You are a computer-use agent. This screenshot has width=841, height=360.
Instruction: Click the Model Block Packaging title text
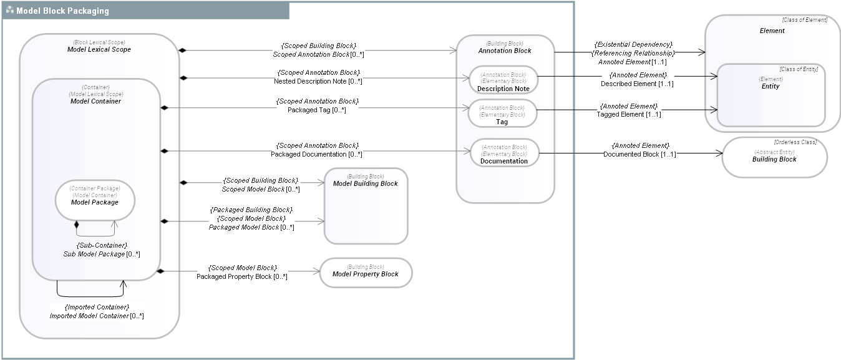[x=62, y=11]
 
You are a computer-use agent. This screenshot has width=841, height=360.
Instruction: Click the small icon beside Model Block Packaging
[x=10, y=11]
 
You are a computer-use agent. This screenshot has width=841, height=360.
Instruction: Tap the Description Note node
[x=503, y=80]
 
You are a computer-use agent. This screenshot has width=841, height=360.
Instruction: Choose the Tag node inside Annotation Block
[x=502, y=114]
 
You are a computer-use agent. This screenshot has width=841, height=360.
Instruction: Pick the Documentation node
[x=504, y=153]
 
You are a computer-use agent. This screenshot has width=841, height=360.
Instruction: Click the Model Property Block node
[x=366, y=273]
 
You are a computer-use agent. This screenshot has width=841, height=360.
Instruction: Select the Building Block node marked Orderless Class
[x=774, y=157]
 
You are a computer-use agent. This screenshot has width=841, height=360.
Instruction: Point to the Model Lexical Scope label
[x=99, y=49]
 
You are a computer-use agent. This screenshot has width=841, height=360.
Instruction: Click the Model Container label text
[x=95, y=101]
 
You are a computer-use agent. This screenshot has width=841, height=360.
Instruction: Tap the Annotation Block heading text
[x=505, y=51]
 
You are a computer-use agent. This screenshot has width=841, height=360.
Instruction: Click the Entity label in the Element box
[x=771, y=86]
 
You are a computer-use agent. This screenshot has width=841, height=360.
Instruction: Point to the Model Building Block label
[x=366, y=183]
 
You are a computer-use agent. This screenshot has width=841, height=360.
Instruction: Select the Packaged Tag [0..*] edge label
[x=316, y=110]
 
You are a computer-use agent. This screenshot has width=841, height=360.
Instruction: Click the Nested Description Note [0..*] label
[x=318, y=81]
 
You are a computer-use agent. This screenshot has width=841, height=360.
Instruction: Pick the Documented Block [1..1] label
[x=639, y=153]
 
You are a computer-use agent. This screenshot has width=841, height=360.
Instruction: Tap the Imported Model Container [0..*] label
[x=97, y=316]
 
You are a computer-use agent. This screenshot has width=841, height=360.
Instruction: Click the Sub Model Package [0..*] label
[x=102, y=254]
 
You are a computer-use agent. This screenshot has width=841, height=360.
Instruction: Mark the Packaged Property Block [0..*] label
[x=242, y=276]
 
